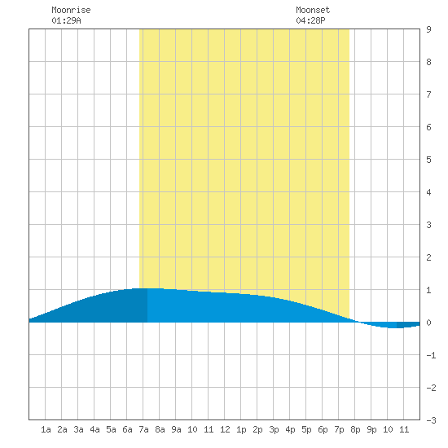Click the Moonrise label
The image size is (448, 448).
coord(71,10)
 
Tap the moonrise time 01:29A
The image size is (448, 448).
coord(66,20)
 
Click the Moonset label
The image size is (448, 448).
coord(313,10)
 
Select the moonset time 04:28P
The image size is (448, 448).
coord(310,20)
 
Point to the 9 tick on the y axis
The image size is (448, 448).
coord(428,29)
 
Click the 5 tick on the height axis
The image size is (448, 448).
coord(428,160)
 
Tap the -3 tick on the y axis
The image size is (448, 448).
coord(431,420)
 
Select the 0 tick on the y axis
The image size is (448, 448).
coord(428,323)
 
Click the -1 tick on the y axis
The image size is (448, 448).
coord(431,355)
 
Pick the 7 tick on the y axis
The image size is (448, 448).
coord(428,94)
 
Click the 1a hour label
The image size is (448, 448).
coord(46,429)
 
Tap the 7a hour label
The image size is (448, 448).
coord(143,429)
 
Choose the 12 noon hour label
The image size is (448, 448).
coord(225,429)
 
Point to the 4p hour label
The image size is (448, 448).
coord(290,429)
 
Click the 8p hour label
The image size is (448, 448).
coord(355,429)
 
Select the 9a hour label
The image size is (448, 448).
coord(176,429)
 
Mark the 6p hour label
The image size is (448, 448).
coord(323,429)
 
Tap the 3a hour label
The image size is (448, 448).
coord(78,429)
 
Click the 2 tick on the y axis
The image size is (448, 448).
coord(428,257)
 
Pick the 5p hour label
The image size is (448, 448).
coord(306,429)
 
